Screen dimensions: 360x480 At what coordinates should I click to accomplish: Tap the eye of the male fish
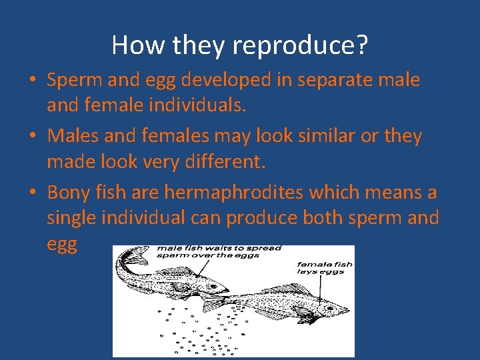coord(212,285)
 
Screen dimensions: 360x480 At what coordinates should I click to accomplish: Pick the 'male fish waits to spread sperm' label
coord(219,252)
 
